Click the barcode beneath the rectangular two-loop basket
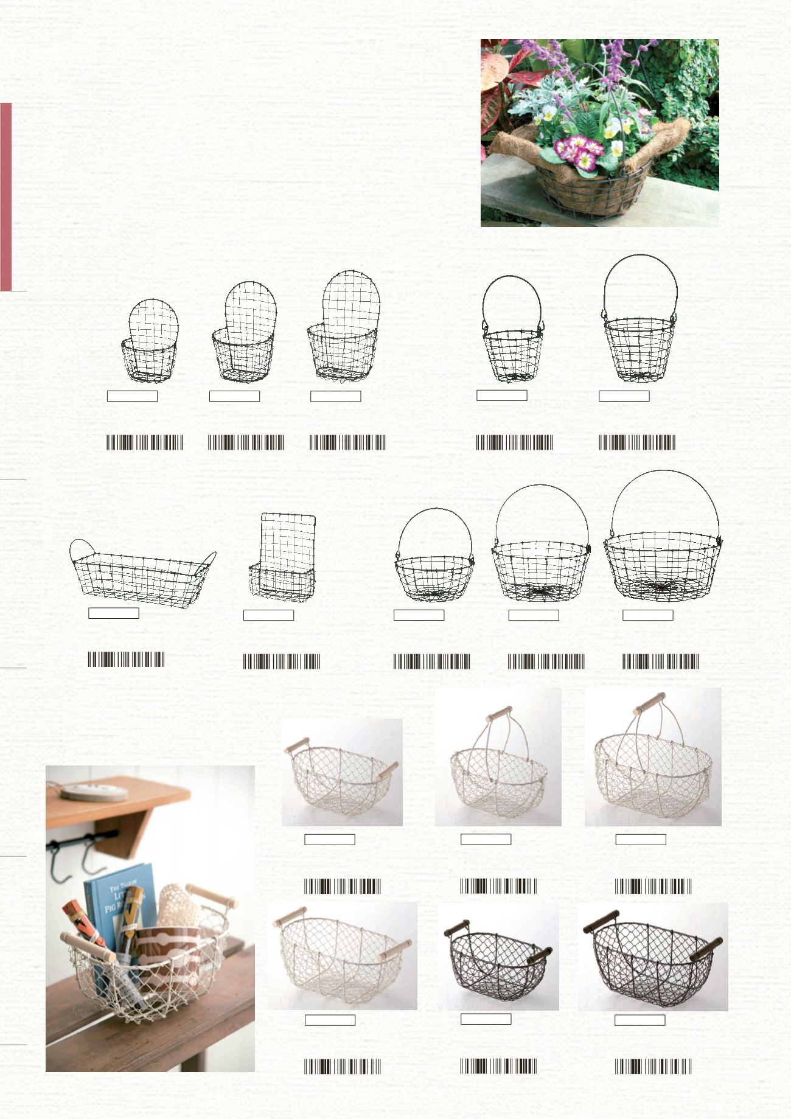pyautogui.click(x=126, y=660)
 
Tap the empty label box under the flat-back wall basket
pyautogui.click(x=268, y=615)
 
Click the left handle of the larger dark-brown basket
pyautogui.click(x=601, y=921)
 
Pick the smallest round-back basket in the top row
pyautogui.click(x=151, y=342)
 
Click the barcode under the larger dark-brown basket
pyautogui.click(x=653, y=1066)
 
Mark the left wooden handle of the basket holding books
pyautogui.click(x=88, y=947)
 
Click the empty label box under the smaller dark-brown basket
pyautogui.click(x=486, y=1019)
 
